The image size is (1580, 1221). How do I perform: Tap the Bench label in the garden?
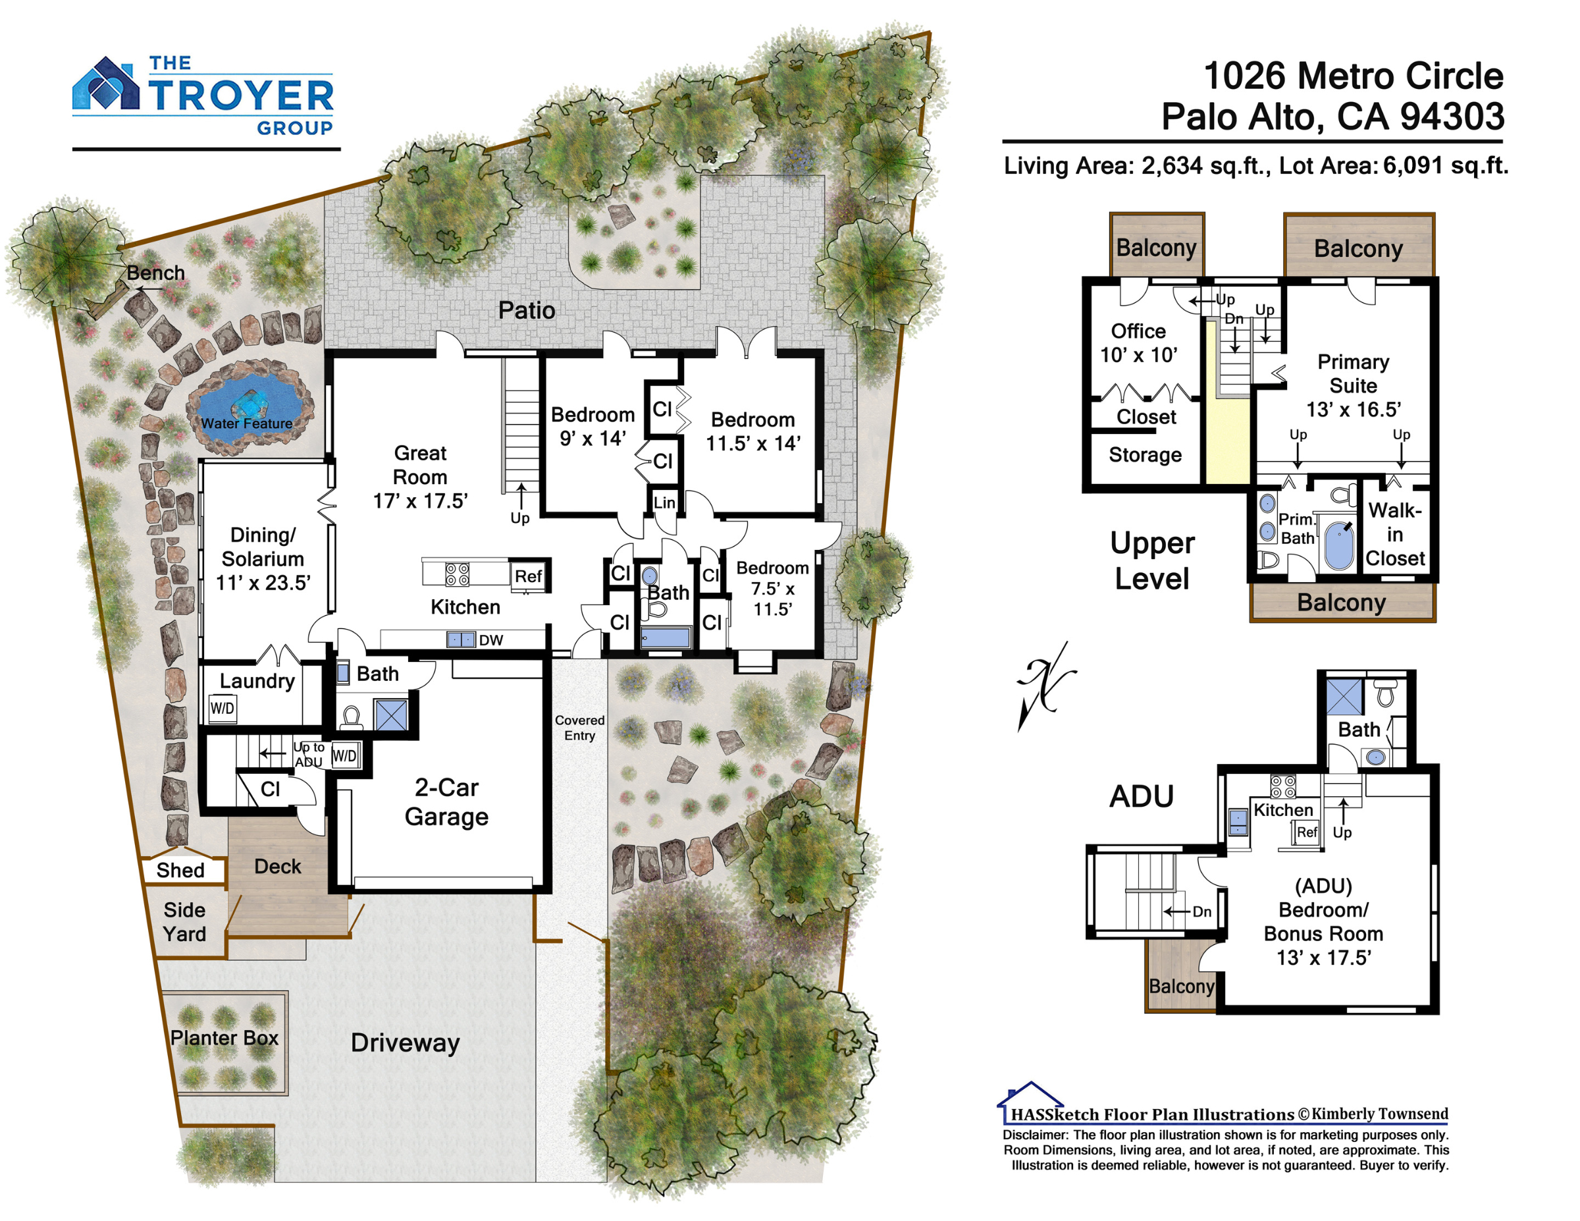click(x=155, y=273)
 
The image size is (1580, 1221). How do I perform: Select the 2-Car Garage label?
click(x=446, y=802)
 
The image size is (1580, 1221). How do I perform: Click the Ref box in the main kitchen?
click(x=528, y=576)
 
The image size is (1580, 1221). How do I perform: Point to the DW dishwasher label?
click(x=490, y=640)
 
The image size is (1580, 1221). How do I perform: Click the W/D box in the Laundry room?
click(x=222, y=708)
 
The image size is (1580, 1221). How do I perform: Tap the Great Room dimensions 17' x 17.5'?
click(x=420, y=501)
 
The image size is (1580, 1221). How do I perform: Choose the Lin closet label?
click(x=664, y=502)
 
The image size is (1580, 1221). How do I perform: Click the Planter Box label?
click(x=224, y=1038)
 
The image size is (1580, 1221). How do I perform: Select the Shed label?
click(x=180, y=870)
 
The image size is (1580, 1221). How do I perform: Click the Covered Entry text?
click(x=579, y=727)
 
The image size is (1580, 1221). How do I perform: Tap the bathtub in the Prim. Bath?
click(x=1340, y=547)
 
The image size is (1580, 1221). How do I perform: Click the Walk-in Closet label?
click(x=1395, y=534)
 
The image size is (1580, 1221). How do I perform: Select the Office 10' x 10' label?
click(x=1139, y=343)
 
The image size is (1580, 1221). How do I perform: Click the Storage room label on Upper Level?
click(x=1145, y=454)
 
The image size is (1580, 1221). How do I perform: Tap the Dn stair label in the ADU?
click(x=1201, y=911)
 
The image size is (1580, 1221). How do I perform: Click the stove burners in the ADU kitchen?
click(x=1283, y=787)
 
